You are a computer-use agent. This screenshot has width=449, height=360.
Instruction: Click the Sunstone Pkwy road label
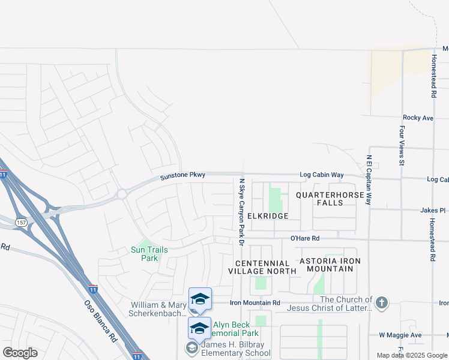(x=182, y=176)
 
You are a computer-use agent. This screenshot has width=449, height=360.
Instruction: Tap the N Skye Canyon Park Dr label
(x=241, y=211)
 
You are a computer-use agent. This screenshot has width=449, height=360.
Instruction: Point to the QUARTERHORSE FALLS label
(x=328, y=199)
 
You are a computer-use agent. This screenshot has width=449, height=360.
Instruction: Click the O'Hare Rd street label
(x=305, y=238)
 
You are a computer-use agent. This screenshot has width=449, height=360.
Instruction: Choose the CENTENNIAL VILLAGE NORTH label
(x=262, y=267)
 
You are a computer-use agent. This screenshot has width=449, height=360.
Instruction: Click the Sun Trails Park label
(x=149, y=254)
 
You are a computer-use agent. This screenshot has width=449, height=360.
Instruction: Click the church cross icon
(x=382, y=302)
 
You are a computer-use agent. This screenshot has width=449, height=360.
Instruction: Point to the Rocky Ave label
(x=418, y=118)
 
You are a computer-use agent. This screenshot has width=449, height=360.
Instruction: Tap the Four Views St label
(x=401, y=145)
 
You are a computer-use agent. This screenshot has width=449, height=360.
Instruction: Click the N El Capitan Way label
(x=369, y=181)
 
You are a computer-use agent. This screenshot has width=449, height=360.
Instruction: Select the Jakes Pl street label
(x=433, y=211)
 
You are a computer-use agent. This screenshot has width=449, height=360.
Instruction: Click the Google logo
(x=20, y=353)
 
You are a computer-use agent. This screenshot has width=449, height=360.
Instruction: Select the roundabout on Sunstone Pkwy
(x=122, y=194)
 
